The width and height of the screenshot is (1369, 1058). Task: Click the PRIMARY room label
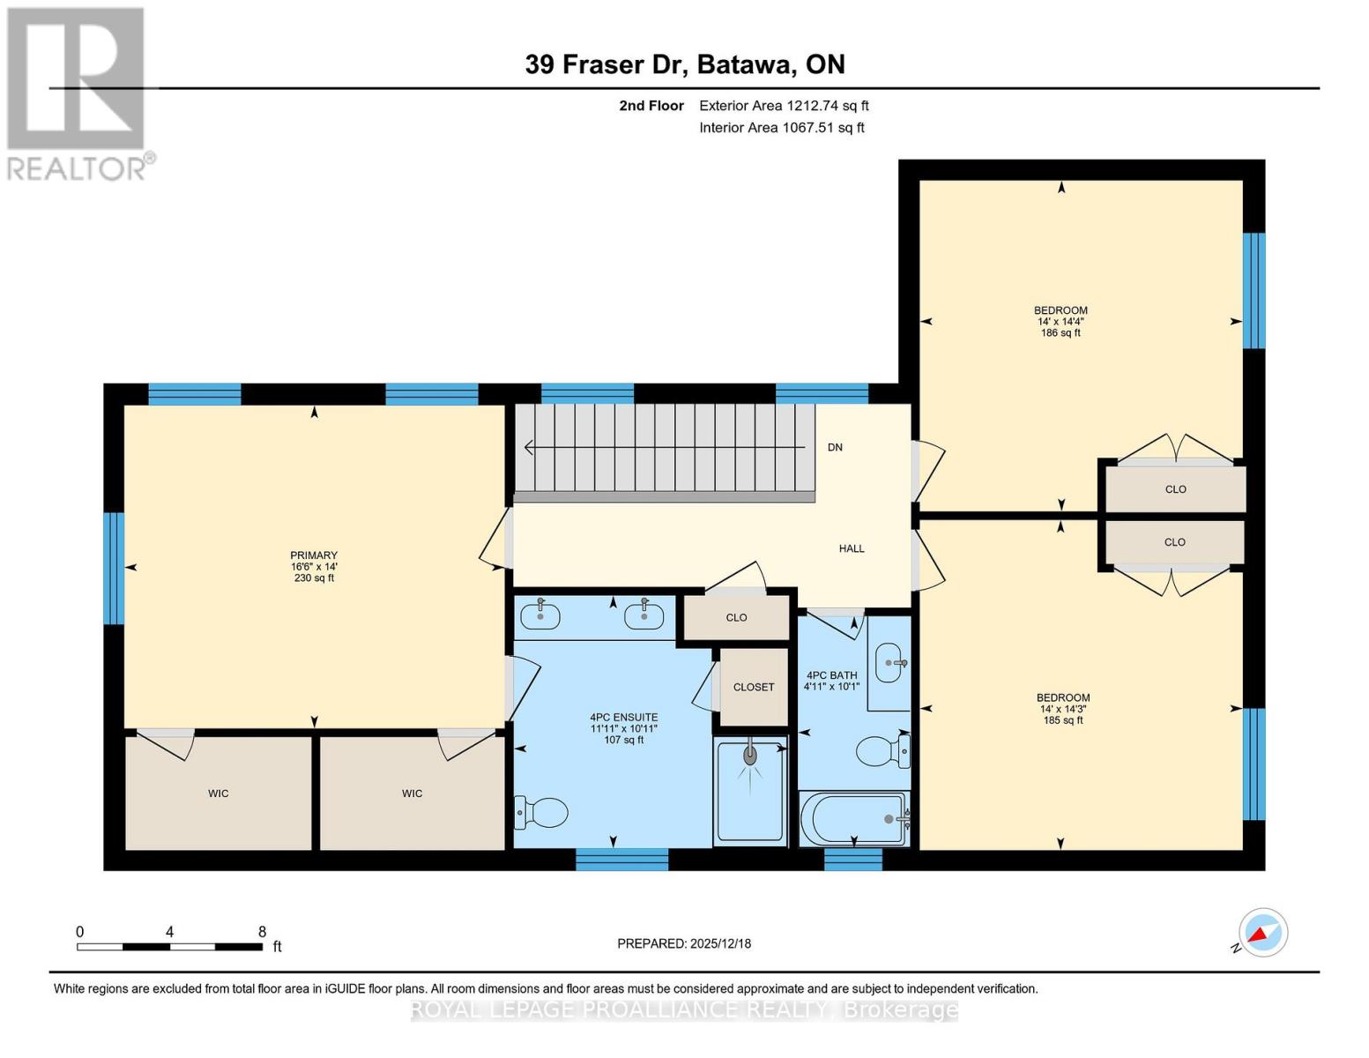pyautogui.click(x=314, y=556)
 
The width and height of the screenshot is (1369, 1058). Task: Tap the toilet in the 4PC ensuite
pyautogui.click(x=542, y=811)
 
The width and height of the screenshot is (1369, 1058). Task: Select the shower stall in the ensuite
pyautogui.click(x=750, y=790)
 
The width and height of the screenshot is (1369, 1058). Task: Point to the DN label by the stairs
pyautogui.click(x=835, y=448)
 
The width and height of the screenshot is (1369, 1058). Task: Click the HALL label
pyautogui.click(x=851, y=548)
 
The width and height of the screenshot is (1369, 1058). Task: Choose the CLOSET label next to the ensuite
pyautogui.click(x=754, y=687)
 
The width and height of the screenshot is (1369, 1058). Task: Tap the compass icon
pyautogui.click(x=1262, y=933)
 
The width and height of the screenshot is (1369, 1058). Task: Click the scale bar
pyautogui.click(x=169, y=947)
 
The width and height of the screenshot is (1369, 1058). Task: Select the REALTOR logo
pyautogui.click(x=78, y=93)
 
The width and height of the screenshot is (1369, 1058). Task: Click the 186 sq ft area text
pyautogui.click(x=1060, y=333)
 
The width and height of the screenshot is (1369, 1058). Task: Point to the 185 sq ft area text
pyautogui.click(x=1063, y=720)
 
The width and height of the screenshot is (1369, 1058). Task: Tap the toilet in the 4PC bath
pyautogui.click(x=882, y=752)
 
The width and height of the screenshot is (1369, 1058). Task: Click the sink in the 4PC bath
pyautogui.click(x=889, y=663)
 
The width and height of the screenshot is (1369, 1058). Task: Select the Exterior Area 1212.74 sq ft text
pyautogui.click(x=784, y=106)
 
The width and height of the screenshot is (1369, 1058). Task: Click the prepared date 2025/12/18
pyautogui.click(x=684, y=943)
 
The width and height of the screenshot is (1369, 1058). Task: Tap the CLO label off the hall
pyautogui.click(x=736, y=617)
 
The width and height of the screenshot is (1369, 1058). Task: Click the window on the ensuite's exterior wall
pyautogui.click(x=621, y=859)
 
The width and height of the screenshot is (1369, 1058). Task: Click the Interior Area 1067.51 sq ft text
pyautogui.click(x=781, y=128)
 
